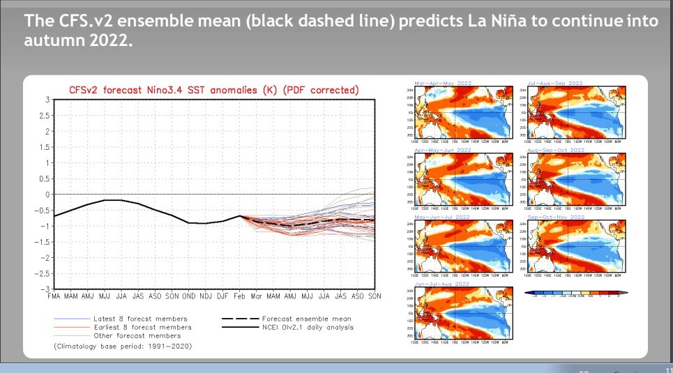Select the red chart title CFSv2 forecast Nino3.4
[213, 90]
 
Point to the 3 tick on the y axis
[46, 100]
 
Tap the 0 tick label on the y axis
[46, 195]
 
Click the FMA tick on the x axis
[54, 297]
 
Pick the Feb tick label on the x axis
[239, 297]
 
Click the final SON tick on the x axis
[375, 297]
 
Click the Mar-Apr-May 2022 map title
[443, 83]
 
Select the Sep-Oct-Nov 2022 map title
[557, 217]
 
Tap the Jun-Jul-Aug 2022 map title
[443, 284]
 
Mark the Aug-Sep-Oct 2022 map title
[557, 150]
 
